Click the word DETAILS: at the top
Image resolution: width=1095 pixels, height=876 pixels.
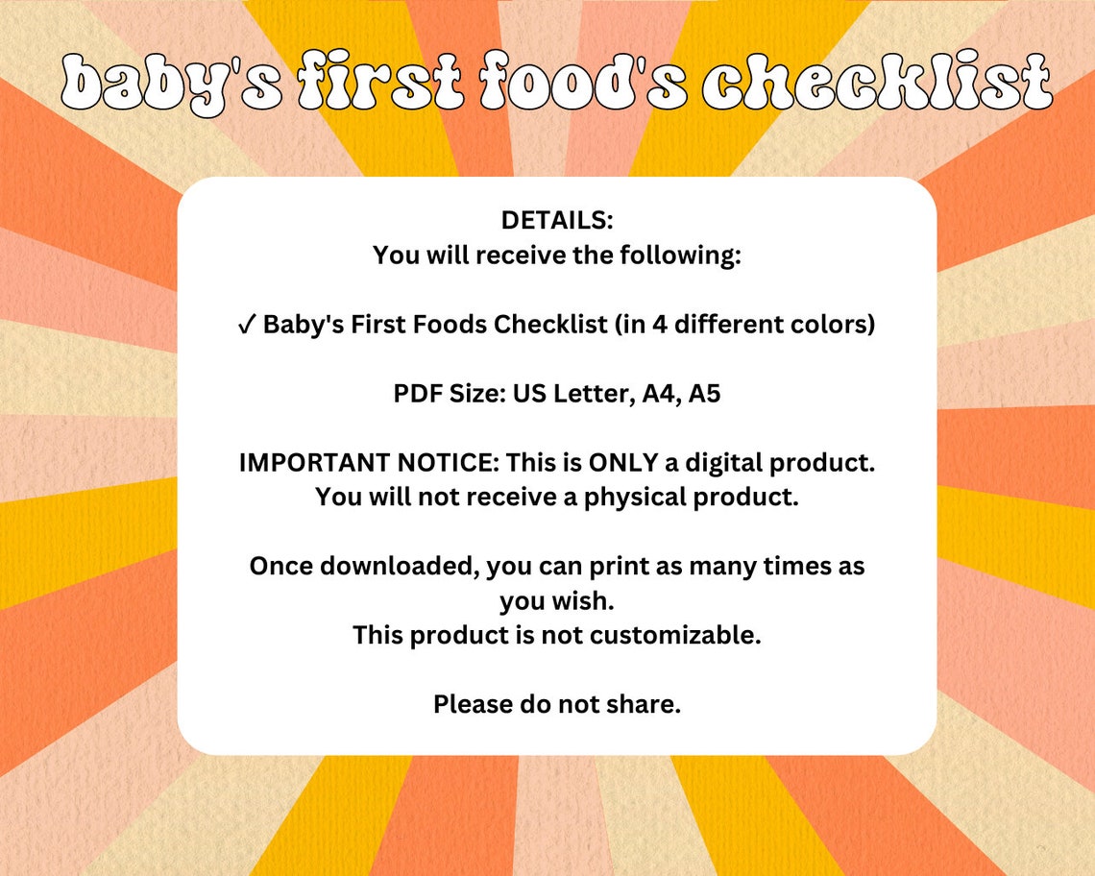tap(556, 220)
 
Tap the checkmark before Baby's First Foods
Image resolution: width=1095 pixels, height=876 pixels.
tap(246, 325)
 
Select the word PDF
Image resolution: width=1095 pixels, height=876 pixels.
tap(418, 394)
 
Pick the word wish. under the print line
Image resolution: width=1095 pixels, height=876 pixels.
tap(584, 601)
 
